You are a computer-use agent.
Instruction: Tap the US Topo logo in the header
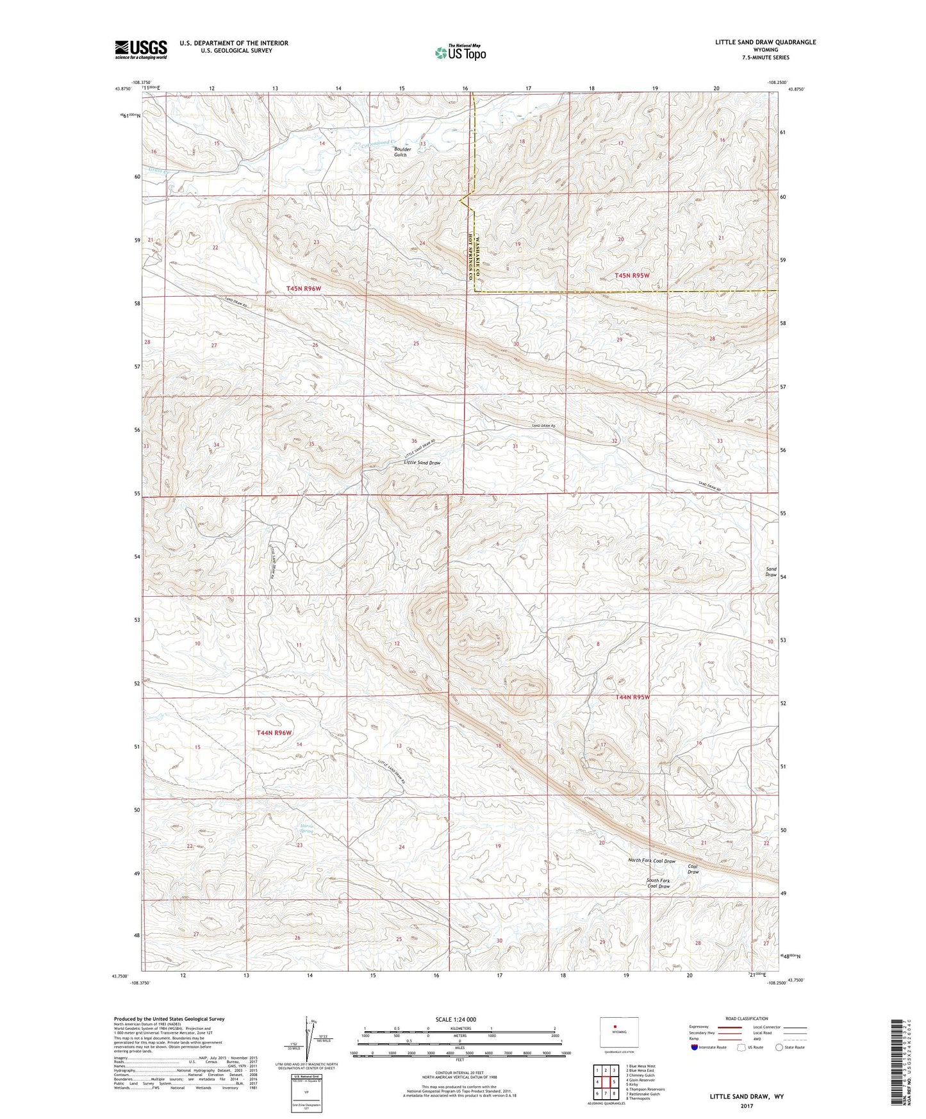tap(459, 53)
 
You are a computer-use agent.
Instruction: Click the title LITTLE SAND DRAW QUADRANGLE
tap(765, 42)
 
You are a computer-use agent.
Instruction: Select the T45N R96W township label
tap(303, 289)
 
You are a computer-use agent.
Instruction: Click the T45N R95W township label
tap(632, 276)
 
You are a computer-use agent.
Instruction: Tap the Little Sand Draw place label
tap(422, 462)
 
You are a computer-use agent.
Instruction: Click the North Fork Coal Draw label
tap(651, 861)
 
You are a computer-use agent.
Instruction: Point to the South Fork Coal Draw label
tap(658, 883)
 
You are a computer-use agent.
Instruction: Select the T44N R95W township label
tap(632, 697)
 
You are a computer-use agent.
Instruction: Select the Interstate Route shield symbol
tap(695, 1047)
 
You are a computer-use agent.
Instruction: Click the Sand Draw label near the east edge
tap(771, 572)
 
